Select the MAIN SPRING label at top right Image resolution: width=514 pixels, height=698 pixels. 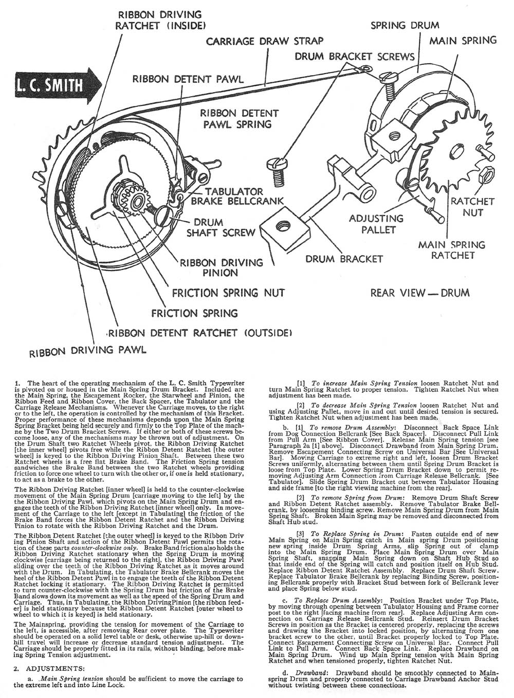tap(463, 40)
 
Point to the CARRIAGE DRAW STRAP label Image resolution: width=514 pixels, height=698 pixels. tap(265, 41)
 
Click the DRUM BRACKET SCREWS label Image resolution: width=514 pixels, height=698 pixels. tap(355, 56)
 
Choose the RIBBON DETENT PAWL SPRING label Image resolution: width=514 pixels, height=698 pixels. tap(239, 118)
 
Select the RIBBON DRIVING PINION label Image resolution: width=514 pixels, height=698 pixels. tap(221, 267)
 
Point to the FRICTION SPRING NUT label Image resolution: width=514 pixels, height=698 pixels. tap(228, 293)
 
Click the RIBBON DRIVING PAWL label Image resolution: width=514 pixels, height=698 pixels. tap(87, 351)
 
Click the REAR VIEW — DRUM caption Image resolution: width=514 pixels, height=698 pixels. tap(420, 293)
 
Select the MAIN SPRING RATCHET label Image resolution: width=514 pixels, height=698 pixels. tap(451, 250)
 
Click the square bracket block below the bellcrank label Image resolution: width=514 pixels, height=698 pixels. tap(282, 226)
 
